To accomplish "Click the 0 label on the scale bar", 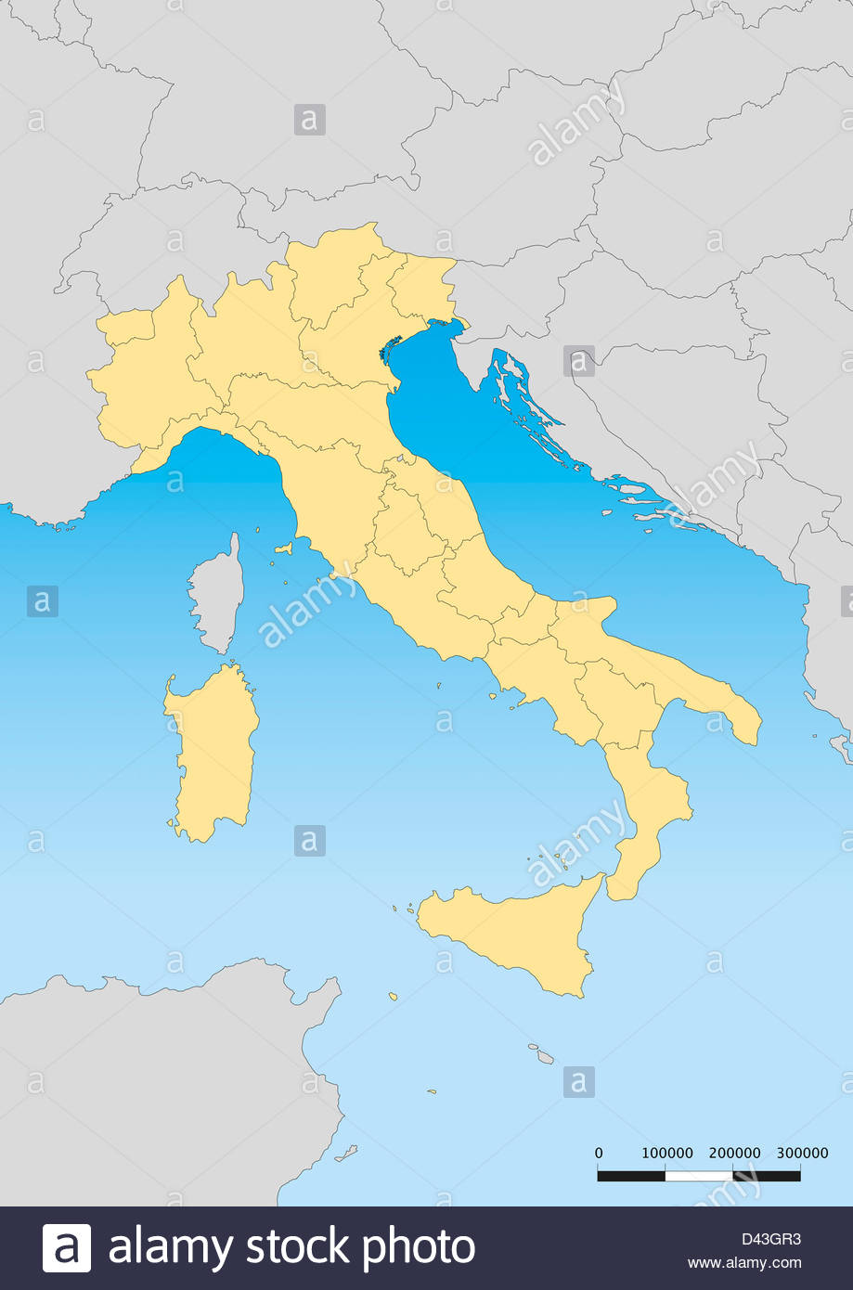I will pos(599,1153).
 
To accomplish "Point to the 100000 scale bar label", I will pos(667,1153).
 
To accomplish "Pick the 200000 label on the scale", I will pos(734,1153).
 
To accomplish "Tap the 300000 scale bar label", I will pos(802,1153).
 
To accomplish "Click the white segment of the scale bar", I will pos(699,1176).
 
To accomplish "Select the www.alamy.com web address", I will pos(743,1262).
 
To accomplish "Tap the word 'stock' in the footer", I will pos(297,1247).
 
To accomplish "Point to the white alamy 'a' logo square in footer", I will pos(67,1247).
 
